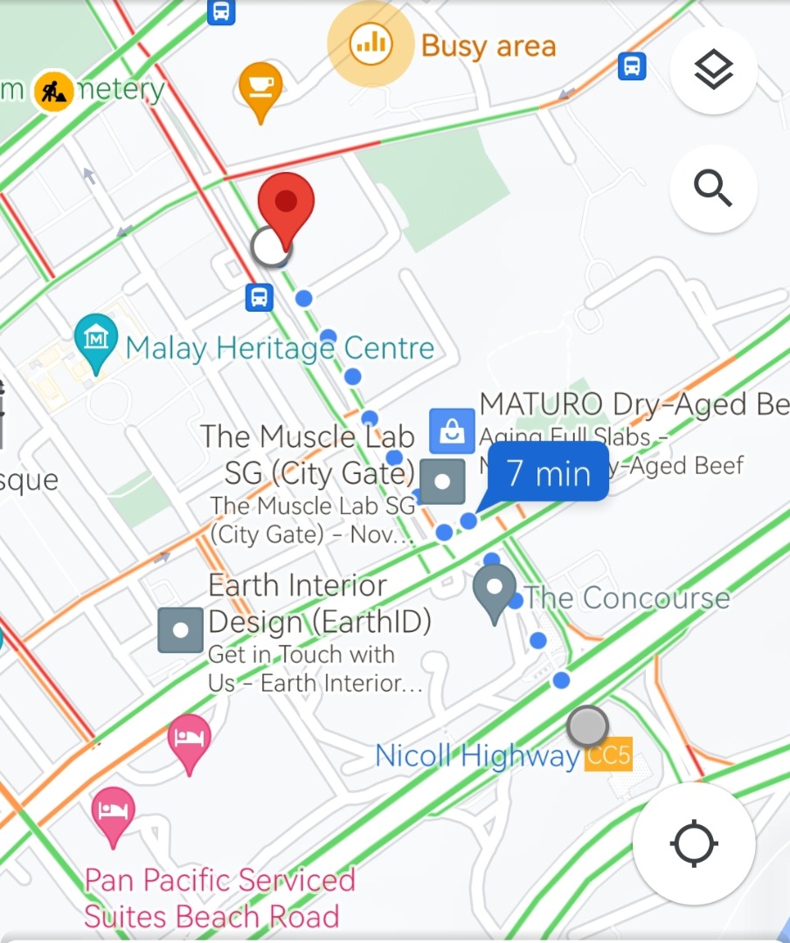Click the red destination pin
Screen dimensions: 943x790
(x=286, y=206)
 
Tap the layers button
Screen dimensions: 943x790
(x=713, y=71)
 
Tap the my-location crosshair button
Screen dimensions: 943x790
(x=694, y=843)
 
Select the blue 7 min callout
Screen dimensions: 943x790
(x=547, y=472)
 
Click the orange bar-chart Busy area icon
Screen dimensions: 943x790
(x=370, y=44)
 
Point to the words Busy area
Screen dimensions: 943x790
(x=489, y=45)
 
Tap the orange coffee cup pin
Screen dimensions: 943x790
(x=260, y=88)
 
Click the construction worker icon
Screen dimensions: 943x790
(x=53, y=89)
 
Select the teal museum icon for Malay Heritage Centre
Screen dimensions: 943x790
(x=96, y=339)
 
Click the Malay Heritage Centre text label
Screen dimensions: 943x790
(x=280, y=348)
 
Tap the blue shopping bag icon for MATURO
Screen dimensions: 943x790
(x=452, y=430)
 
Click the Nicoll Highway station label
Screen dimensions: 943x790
(x=477, y=755)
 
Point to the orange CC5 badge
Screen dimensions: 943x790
(x=608, y=755)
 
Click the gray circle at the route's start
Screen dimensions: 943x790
(x=587, y=726)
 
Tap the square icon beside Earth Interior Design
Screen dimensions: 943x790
(x=181, y=630)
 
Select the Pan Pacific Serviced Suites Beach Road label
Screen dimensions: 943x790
(x=218, y=897)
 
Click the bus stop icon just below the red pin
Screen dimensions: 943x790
(x=260, y=297)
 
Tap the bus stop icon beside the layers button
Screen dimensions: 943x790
(x=632, y=65)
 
